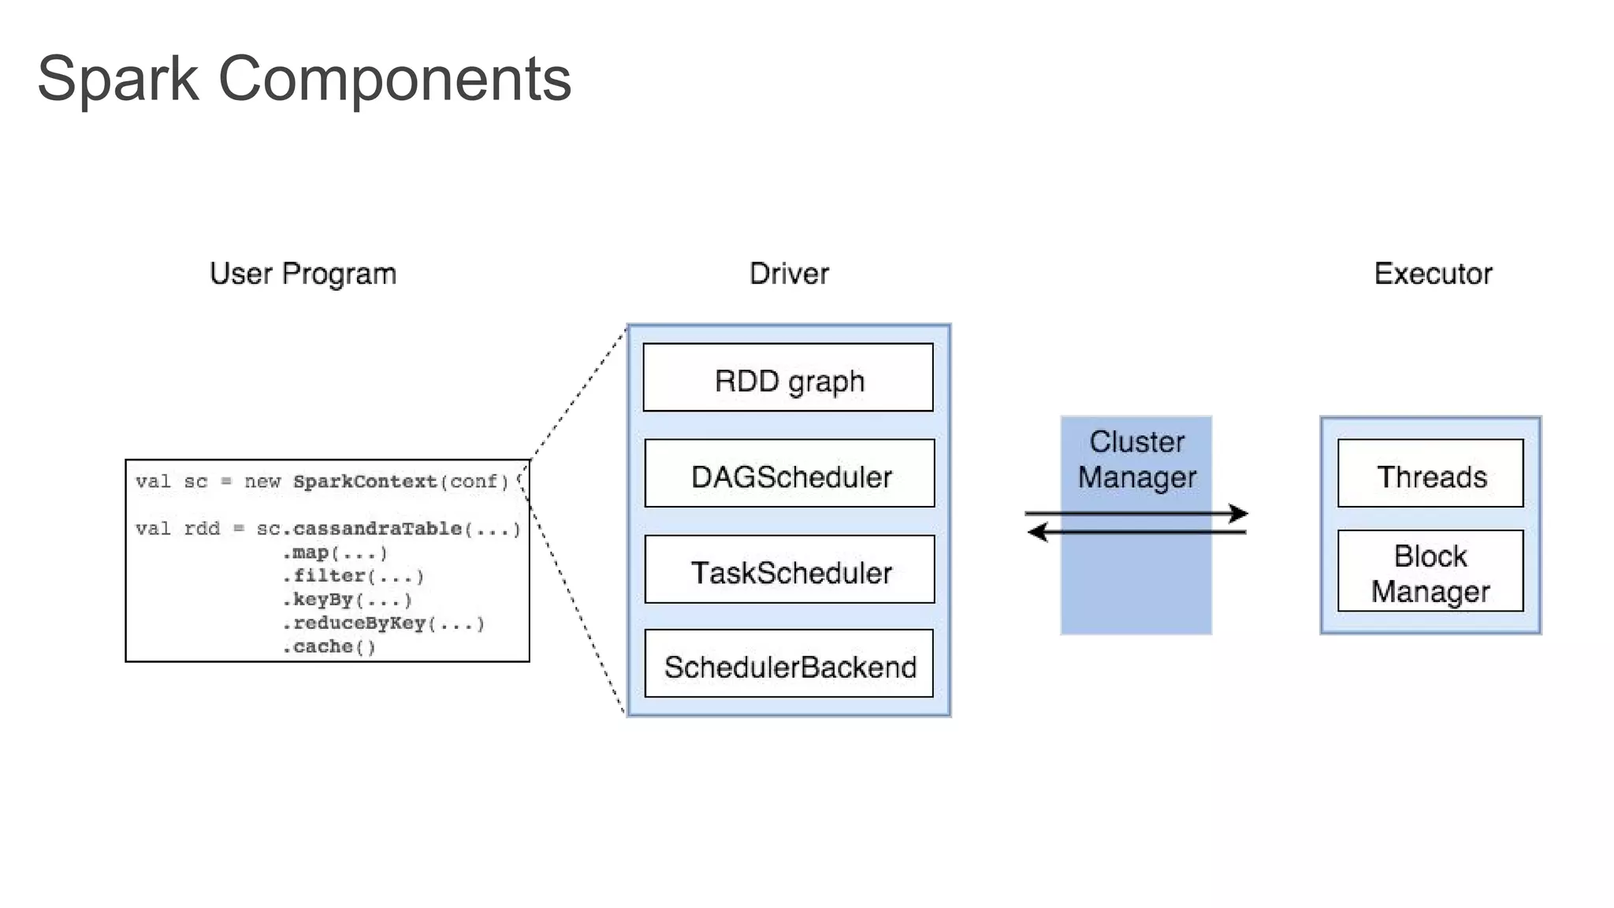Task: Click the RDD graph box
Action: [x=788, y=377]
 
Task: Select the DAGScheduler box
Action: [x=790, y=473]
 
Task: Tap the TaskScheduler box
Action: [x=790, y=569]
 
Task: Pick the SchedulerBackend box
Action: [x=789, y=663]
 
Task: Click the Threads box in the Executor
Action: [x=1430, y=473]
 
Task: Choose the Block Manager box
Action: [x=1430, y=571]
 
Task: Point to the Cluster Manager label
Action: [x=1136, y=460]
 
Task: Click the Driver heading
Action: [x=789, y=274]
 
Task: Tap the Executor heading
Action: [x=1433, y=274]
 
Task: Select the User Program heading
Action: [x=303, y=274]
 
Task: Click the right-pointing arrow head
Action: [x=1239, y=514]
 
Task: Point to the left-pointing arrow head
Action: [x=1038, y=533]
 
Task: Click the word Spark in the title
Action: [x=118, y=80]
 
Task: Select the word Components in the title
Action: [x=395, y=80]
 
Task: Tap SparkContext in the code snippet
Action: [x=365, y=481]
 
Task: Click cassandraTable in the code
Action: [x=377, y=528]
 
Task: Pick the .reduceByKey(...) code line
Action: [x=383, y=623]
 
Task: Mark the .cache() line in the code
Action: [x=329, y=647]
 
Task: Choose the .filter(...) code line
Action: [x=353, y=576]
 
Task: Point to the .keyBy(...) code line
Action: [x=347, y=600]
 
